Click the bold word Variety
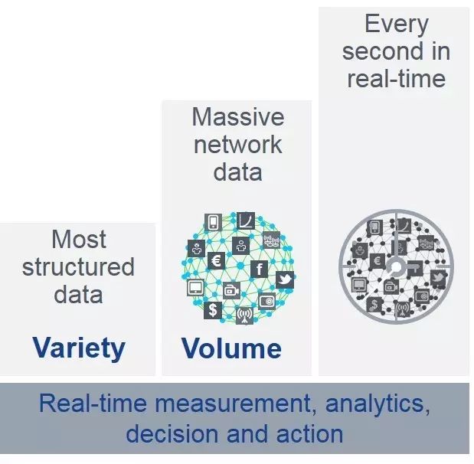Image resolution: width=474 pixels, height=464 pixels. pos(79,348)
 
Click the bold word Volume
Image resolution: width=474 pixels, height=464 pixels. pos(231,349)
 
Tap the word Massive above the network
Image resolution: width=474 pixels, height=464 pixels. pos(237,117)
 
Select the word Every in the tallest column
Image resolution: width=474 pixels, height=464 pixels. pos(395,24)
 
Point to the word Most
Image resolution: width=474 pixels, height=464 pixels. pos(79,239)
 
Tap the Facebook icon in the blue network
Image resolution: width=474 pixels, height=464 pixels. pos(260,269)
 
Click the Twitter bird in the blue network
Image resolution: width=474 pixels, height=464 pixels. pos(285,279)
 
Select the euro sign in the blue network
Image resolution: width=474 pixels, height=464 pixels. pos(216,261)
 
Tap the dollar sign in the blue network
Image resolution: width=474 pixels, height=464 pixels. pos(213,310)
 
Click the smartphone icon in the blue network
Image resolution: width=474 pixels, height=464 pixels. pos(214,223)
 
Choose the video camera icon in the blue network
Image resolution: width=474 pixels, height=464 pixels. pos(231,290)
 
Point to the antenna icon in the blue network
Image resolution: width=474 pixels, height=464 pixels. pos(245,315)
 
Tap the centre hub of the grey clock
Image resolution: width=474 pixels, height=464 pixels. pos(396,267)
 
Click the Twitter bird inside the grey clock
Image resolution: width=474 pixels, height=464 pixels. pos(439,276)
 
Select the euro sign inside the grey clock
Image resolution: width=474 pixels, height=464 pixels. pos(377,260)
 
